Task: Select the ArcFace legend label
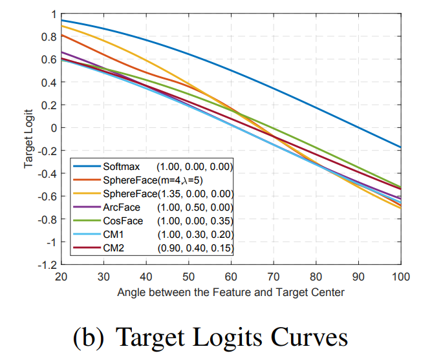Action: (x=120, y=207)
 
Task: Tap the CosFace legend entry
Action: (x=122, y=221)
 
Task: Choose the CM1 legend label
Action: (x=113, y=235)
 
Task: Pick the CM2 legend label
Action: (x=113, y=248)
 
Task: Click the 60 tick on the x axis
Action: (x=231, y=276)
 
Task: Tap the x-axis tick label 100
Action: (x=400, y=276)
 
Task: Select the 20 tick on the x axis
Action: (x=61, y=276)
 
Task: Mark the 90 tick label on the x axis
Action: (x=358, y=276)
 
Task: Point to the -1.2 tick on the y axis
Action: (x=46, y=264)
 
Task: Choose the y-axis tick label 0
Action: (x=52, y=127)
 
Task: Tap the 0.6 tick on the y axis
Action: (x=47, y=59)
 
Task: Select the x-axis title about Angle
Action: (x=231, y=291)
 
